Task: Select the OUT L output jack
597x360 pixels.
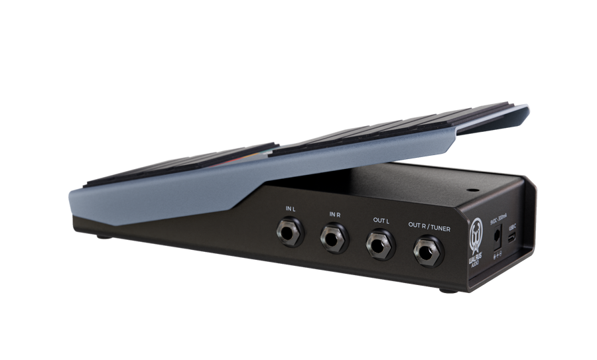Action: pyautogui.click(x=378, y=243)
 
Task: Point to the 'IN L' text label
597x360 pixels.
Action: pyautogui.click(x=290, y=210)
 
